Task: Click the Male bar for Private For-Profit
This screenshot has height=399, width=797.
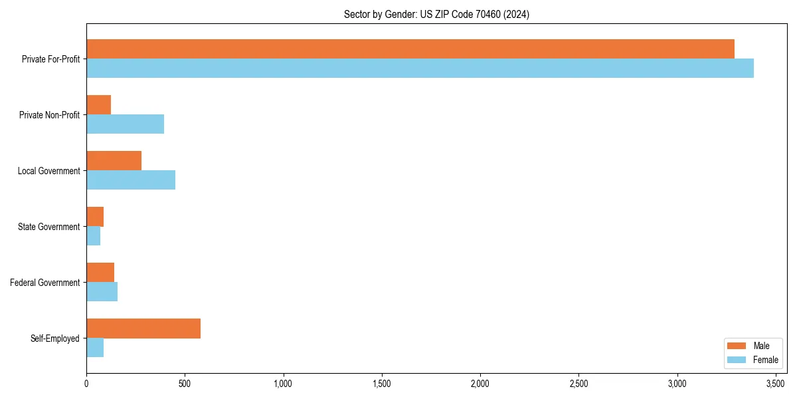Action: click(410, 49)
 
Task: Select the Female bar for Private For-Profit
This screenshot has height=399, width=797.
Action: click(420, 68)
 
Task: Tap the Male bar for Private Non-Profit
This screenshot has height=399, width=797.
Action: click(98, 105)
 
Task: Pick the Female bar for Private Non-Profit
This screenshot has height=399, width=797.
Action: click(125, 124)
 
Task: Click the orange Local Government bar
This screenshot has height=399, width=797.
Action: click(114, 161)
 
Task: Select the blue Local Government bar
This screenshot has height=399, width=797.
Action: click(131, 180)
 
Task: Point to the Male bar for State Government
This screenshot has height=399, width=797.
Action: click(95, 217)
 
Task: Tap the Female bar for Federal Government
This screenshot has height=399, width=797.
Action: click(102, 291)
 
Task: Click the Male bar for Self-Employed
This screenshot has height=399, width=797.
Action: click(143, 329)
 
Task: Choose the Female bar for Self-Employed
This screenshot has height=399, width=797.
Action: click(95, 347)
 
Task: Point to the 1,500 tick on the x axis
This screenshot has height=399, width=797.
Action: click(382, 384)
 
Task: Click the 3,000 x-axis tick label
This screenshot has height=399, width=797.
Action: click(677, 384)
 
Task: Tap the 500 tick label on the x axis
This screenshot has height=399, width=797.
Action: click(185, 384)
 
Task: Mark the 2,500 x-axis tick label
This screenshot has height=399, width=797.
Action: click(578, 384)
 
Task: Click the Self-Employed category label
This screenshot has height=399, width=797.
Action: click(55, 338)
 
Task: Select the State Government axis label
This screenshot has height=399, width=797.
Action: click(50, 227)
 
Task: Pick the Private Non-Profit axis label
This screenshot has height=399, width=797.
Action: click(49, 115)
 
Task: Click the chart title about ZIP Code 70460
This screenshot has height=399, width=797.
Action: click(436, 14)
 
